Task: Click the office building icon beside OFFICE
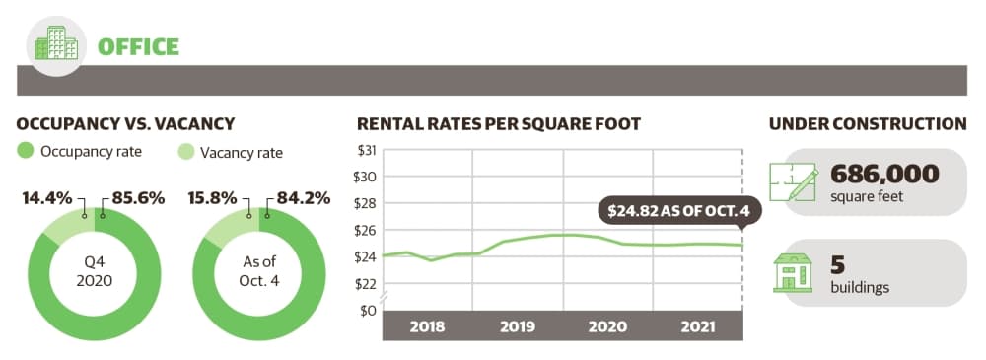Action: (57, 43)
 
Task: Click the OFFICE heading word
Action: (138, 47)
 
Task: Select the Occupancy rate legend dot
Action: (26, 152)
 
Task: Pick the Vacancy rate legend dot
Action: (186, 152)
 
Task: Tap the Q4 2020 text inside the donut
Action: (95, 272)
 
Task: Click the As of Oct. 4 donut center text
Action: (258, 271)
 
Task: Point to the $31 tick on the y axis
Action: (366, 151)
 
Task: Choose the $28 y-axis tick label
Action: (366, 203)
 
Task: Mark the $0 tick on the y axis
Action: (367, 311)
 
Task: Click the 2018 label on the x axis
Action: (427, 326)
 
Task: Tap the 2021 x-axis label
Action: (698, 326)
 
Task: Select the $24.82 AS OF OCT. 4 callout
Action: (679, 212)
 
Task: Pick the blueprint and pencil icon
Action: (794, 182)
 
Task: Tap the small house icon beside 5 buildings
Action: (793, 272)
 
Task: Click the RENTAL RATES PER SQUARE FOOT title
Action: (499, 124)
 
